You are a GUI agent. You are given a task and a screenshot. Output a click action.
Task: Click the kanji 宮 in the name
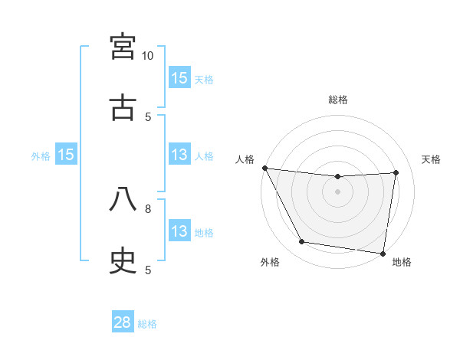pyautogui.click(x=123, y=47)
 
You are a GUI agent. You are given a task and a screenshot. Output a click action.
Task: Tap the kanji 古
pyautogui.click(x=123, y=108)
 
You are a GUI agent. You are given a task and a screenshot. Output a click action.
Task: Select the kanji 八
pyautogui.click(x=123, y=200)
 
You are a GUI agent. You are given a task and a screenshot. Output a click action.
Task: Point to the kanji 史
pyautogui.click(x=123, y=261)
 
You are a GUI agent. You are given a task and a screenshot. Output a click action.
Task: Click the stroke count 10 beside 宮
pyautogui.click(x=148, y=56)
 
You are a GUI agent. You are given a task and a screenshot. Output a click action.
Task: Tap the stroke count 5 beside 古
pyautogui.click(x=148, y=116)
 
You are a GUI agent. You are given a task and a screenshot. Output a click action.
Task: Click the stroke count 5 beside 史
pyautogui.click(x=148, y=270)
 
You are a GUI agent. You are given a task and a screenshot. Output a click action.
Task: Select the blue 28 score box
pyautogui.click(x=123, y=322)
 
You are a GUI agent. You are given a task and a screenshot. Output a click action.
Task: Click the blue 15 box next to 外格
pyautogui.click(x=66, y=155)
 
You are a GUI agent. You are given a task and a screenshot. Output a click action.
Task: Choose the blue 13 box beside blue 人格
pyautogui.click(x=179, y=155)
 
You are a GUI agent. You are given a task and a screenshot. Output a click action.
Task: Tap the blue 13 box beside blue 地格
pyautogui.click(x=179, y=232)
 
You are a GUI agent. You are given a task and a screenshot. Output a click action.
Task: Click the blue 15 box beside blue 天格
pyautogui.click(x=179, y=78)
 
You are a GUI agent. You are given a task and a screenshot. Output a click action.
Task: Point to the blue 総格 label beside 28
pyautogui.click(x=147, y=324)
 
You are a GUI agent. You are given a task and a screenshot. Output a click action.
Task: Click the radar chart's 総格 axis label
pyautogui.click(x=338, y=100)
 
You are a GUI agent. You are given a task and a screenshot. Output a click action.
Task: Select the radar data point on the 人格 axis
pyautogui.click(x=264, y=168)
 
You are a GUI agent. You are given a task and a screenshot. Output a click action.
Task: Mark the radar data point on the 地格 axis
pyautogui.click(x=383, y=253)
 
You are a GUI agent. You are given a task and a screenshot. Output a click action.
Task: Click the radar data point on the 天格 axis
pyautogui.click(x=396, y=172)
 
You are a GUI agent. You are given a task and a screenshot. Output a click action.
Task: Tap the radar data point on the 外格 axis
pyautogui.click(x=301, y=242)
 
